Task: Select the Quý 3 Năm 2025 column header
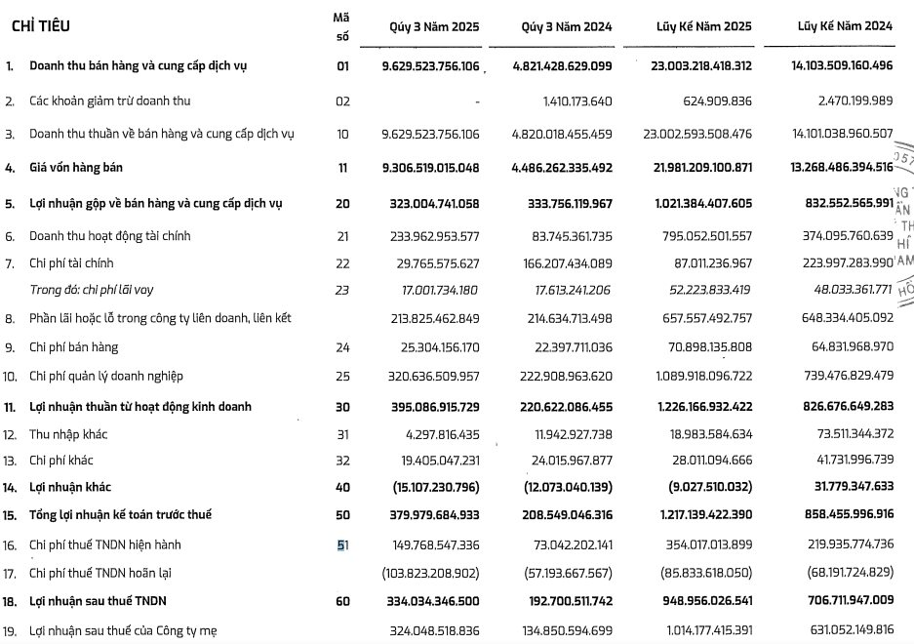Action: click(421, 27)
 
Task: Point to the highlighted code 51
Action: click(342, 544)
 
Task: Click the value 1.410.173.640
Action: click(576, 101)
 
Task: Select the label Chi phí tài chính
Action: click(71, 263)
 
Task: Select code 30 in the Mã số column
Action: click(342, 407)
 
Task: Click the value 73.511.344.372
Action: click(845, 433)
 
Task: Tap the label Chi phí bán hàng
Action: click(73, 346)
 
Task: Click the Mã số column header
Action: click(341, 26)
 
